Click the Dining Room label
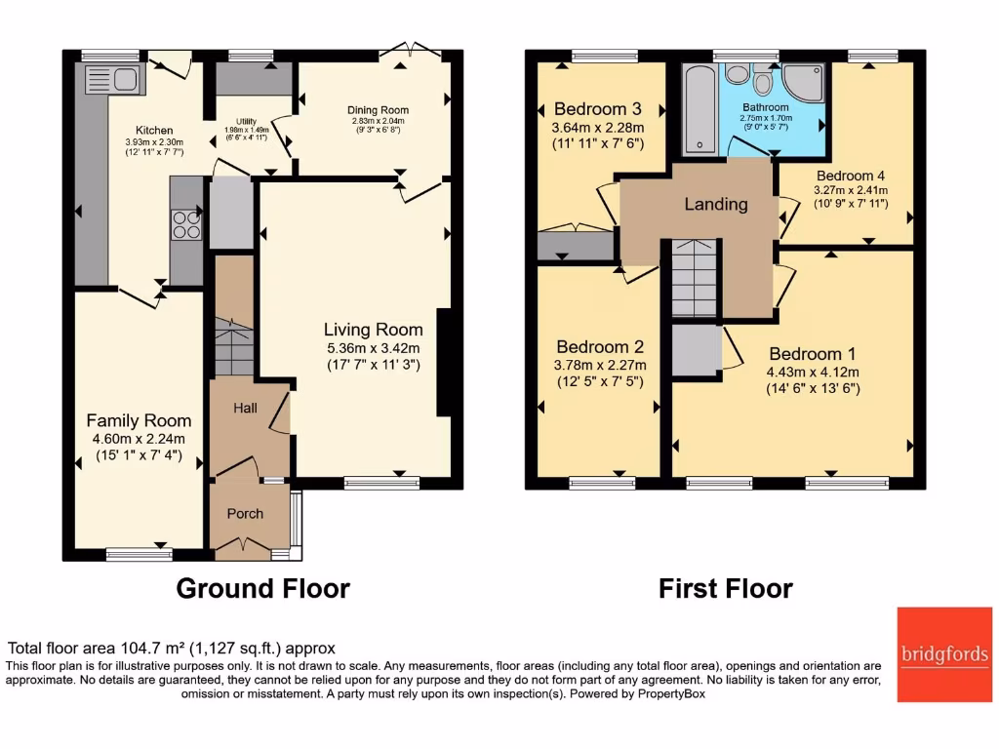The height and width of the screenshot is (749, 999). (378, 109)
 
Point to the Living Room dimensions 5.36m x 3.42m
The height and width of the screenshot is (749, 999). (374, 348)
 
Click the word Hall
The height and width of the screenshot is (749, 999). (245, 408)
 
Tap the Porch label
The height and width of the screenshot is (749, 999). (245, 514)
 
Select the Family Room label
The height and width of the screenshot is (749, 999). (139, 420)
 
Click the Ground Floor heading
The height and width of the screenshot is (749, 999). (262, 588)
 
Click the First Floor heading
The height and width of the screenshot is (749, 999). (725, 588)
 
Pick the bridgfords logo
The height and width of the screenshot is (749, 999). (944, 654)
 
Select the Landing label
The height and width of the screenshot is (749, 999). (715, 205)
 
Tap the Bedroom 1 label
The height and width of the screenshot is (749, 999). (812, 354)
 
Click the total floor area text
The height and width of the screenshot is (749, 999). (172, 648)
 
